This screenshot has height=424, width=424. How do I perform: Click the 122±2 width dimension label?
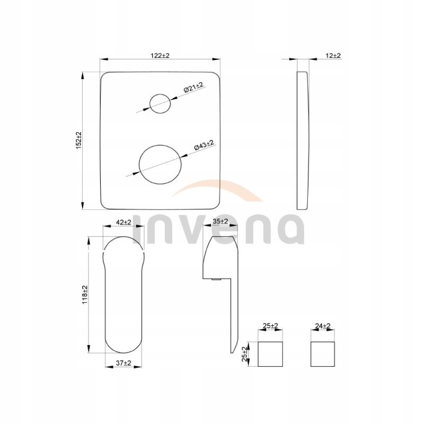click(x=160, y=56)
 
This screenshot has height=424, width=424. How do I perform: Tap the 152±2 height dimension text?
click(x=78, y=140)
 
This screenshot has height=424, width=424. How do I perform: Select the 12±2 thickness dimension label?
click(x=333, y=56)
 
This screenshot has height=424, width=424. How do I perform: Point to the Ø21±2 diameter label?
click(x=193, y=87)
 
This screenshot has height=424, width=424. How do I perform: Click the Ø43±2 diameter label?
click(x=204, y=145)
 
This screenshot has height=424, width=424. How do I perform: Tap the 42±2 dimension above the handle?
click(x=123, y=222)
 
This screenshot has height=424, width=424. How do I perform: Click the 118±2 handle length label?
click(x=85, y=295)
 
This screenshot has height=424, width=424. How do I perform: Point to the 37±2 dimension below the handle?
click(x=123, y=363)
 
